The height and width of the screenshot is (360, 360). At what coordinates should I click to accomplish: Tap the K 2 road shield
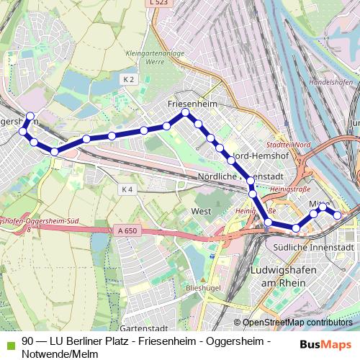click(x=128, y=79)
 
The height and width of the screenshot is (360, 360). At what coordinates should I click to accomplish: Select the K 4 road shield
click(x=128, y=189)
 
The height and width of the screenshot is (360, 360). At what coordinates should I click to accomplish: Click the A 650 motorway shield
click(x=125, y=231)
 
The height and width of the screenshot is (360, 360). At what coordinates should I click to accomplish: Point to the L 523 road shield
click(x=161, y=4)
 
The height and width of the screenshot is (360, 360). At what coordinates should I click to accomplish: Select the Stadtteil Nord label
click(x=292, y=145)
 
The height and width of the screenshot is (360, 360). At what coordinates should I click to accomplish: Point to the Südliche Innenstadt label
click(x=313, y=247)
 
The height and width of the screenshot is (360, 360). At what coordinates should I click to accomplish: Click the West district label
click(x=202, y=212)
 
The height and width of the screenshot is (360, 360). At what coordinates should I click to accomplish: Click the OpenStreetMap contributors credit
click(x=297, y=323)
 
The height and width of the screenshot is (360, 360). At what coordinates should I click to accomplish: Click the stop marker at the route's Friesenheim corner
click(x=185, y=113)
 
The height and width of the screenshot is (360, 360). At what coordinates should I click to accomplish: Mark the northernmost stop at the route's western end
click(x=30, y=116)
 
